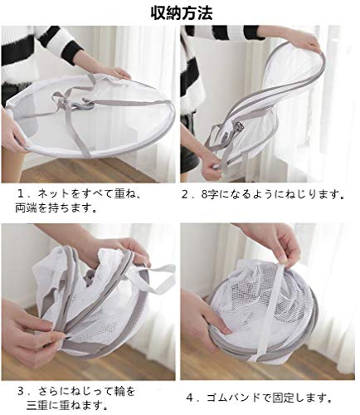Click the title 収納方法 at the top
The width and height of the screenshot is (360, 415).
(182, 12)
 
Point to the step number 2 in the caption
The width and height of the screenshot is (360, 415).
(185, 194)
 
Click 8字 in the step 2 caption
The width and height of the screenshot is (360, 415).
(208, 194)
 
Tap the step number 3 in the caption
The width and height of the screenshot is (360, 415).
(22, 391)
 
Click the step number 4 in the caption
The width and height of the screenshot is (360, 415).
(190, 398)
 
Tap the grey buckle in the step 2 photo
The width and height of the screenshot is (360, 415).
(238, 128)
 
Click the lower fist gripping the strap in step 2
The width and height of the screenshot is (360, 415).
(212, 168)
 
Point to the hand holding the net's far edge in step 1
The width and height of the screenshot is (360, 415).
(118, 73)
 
